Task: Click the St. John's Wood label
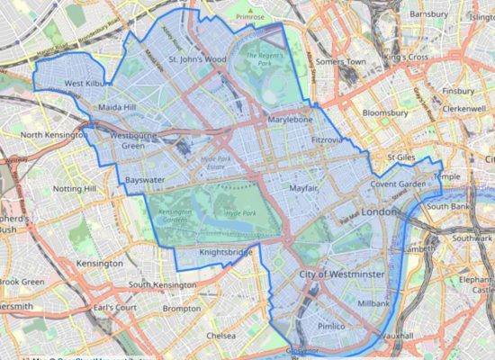coord(197,60)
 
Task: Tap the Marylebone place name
coord(290,120)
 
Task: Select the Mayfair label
coord(306,189)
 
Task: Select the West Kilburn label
coord(87,85)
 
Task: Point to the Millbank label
coord(373,304)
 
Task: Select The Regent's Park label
coord(263,63)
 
